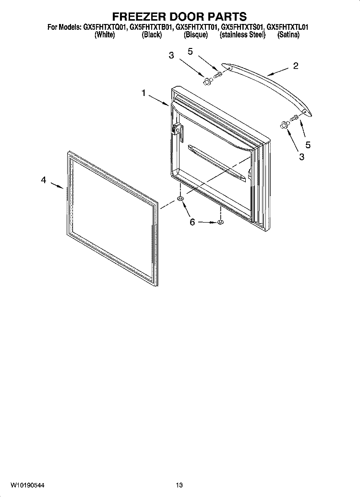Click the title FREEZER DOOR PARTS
(x=180, y=16)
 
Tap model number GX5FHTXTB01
(x=152, y=27)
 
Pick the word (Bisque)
(x=196, y=35)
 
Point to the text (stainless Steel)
(x=243, y=35)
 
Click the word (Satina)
(x=288, y=35)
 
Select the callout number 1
(x=144, y=93)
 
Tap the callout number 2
(x=295, y=66)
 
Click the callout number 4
(x=44, y=180)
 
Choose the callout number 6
(x=192, y=222)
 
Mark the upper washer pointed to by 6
(x=180, y=199)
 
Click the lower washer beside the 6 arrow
(x=220, y=222)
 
